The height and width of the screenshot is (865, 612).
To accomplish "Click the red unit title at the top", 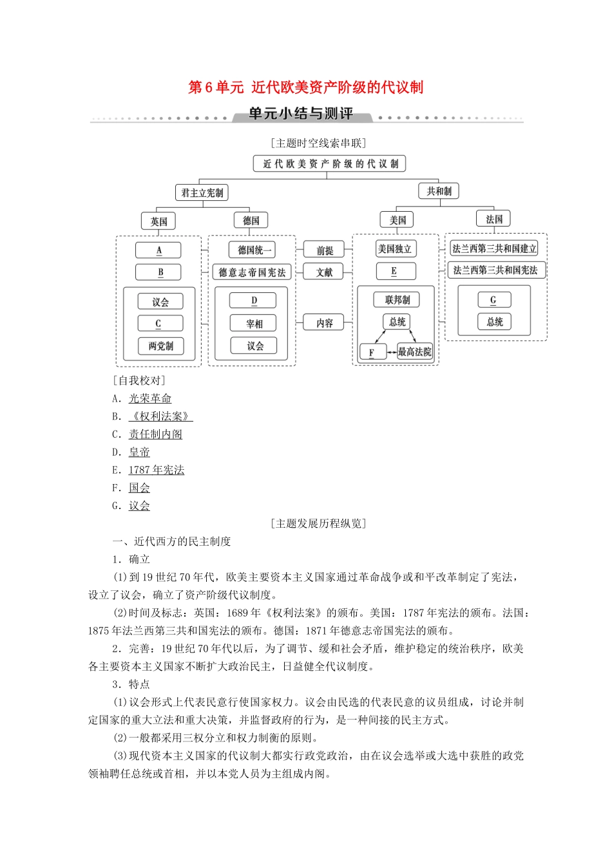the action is pos(305,87).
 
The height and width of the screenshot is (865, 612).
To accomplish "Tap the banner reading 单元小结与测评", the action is pos(301,114).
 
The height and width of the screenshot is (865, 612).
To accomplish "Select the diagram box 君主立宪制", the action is pos(202,192).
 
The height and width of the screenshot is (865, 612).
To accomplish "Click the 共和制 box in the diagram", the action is pos(439,191).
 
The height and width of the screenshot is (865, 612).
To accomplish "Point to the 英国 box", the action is pos(159,221).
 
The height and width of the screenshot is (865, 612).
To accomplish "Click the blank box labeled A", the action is pos(158,250).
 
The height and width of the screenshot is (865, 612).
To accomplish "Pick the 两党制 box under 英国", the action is pos(160,346).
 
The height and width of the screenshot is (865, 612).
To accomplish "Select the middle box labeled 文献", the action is pos(325,272).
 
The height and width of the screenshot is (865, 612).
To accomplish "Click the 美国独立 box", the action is pos(396,249).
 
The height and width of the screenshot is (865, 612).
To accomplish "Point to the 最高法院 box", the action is pos(415,351).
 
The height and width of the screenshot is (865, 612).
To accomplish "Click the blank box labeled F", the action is pos(372,352).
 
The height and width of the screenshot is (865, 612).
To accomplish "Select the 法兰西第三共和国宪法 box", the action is pos(495,270).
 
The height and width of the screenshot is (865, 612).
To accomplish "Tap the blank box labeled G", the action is pos(494,300).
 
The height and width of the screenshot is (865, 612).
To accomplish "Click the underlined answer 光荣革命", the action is pos(150,399).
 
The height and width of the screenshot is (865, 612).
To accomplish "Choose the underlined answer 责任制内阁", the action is pos(155,434).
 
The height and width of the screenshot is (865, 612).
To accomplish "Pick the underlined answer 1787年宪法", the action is pos(157,470).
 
